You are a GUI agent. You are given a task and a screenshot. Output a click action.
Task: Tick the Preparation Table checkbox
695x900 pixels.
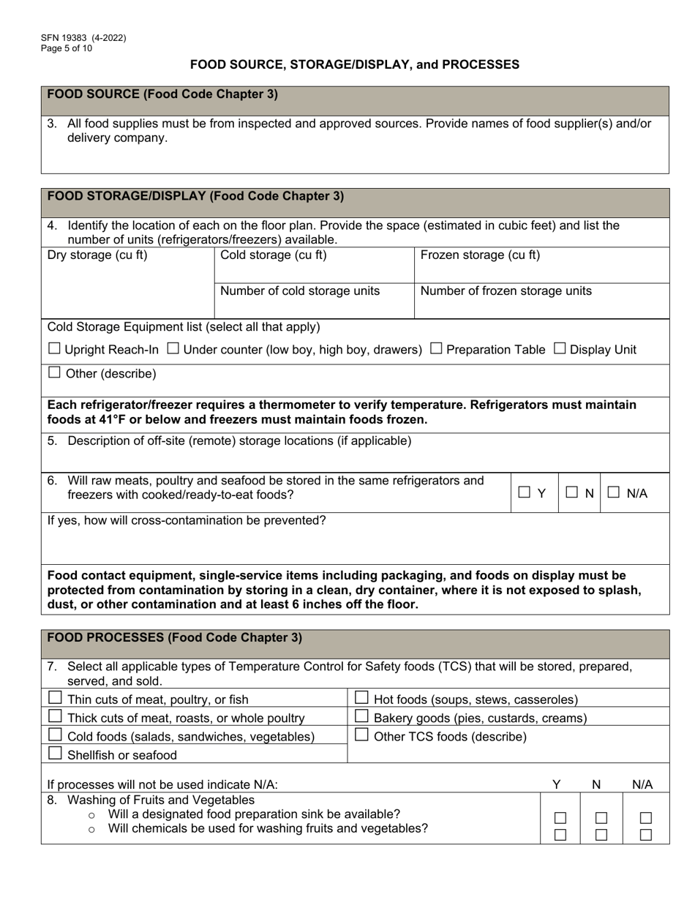coord(436,349)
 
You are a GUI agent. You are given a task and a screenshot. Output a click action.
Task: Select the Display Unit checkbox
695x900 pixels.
coord(560,349)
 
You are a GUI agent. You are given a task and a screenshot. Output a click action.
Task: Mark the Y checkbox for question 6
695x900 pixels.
coord(525,493)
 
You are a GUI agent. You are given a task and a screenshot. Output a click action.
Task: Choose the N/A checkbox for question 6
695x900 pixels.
coord(615,493)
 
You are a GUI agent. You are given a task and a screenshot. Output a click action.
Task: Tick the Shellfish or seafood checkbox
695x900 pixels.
coord(55,754)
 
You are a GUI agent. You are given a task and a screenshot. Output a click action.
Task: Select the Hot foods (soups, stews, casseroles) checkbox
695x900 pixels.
coord(361,698)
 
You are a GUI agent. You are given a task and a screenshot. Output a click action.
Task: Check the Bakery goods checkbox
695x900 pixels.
coord(361,717)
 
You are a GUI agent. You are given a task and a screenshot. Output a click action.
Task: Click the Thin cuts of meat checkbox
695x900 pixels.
coord(55,698)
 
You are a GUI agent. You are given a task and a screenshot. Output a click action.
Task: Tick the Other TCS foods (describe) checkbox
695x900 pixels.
coord(361,735)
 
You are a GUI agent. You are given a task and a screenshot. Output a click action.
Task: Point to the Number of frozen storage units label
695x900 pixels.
coord(506,291)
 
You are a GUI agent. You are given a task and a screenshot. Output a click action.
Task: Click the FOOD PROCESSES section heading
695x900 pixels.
coord(174,637)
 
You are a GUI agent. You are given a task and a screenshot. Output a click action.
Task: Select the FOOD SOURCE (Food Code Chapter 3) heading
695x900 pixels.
coord(162,94)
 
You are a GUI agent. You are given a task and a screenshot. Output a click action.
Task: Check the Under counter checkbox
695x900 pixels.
coord(173,349)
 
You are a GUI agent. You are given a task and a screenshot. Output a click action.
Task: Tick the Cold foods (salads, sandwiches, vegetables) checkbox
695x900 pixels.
coord(55,735)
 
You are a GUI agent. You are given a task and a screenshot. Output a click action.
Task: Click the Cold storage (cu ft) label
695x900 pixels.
coord(274,255)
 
